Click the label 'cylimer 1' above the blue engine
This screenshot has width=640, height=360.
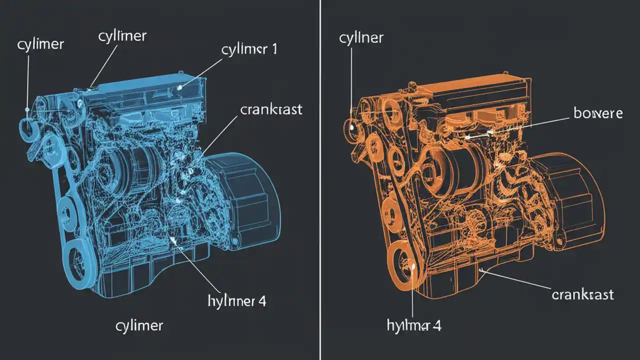(x=248, y=49)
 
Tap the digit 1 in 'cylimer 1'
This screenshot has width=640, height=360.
(x=273, y=49)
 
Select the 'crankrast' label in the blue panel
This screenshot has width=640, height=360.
(x=271, y=110)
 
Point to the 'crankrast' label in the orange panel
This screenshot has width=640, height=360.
(x=582, y=294)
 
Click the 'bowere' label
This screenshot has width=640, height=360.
(x=598, y=113)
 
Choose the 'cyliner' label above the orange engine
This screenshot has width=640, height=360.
(x=361, y=38)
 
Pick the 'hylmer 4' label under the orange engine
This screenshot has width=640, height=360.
(x=414, y=326)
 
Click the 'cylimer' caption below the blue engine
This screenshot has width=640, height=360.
(x=139, y=326)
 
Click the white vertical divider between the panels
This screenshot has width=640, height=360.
(x=320, y=180)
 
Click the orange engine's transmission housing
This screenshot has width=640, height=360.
(x=570, y=200)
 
